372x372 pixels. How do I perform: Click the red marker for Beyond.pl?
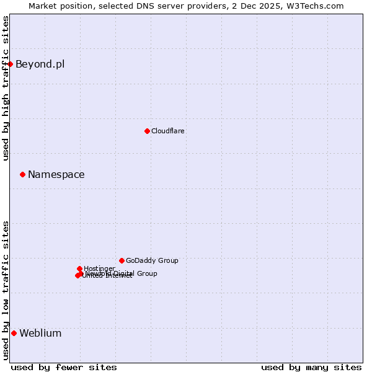tap(10, 64)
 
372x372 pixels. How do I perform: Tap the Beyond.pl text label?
tap(40, 64)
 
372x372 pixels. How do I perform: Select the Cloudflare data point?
tap(147, 131)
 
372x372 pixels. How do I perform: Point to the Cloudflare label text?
tap(167, 131)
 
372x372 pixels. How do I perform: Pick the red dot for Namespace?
tap(22, 174)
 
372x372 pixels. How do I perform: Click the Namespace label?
tap(56, 175)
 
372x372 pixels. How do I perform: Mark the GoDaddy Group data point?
tap(122, 260)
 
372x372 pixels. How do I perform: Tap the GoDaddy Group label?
tap(152, 261)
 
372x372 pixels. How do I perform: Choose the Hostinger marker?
tap(79, 268)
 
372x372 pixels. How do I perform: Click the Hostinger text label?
tap(99, 268)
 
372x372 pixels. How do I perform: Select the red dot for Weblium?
tap(14, 333)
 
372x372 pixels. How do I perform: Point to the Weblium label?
tap(40, 334)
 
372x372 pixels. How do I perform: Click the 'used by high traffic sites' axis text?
tap(6, 88)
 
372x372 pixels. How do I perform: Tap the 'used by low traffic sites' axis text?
tap(6, 290)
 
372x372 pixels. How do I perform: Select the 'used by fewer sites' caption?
tap(64, 367)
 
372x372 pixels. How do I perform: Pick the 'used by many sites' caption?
tap(311, 367)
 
